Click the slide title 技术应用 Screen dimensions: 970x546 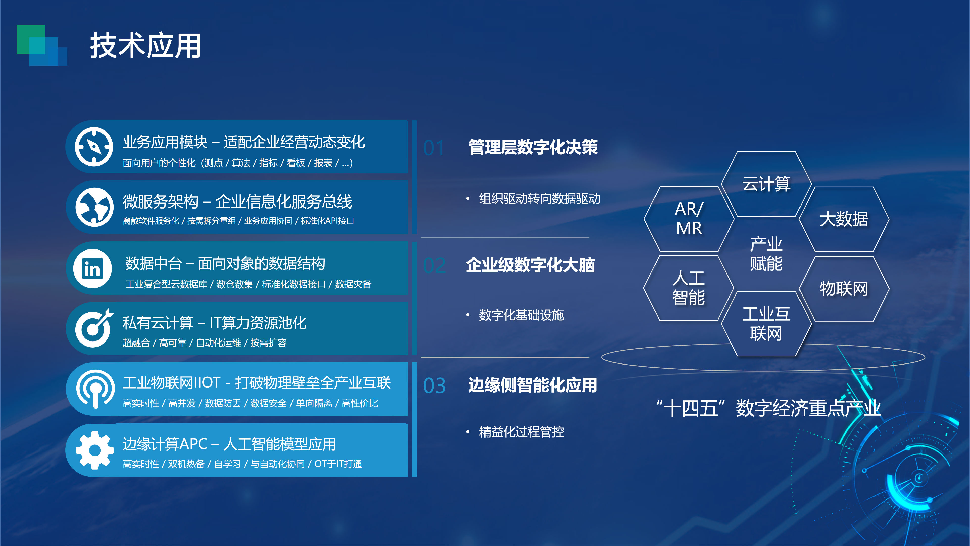point(145,45)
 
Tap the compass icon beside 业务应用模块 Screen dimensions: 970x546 point(93,147)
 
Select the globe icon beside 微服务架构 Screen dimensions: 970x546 point(94,207)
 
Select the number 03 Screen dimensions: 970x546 point(434,386)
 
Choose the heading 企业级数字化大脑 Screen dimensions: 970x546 point(530,265)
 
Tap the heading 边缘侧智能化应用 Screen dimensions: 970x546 point(532,385)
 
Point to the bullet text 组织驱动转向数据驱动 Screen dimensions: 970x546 point(540,199)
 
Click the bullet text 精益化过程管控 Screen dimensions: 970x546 point(522,431)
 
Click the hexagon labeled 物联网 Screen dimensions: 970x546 point(844,289)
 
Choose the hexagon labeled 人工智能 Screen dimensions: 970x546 point(689,288)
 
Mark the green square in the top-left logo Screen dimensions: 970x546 point(31,39)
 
